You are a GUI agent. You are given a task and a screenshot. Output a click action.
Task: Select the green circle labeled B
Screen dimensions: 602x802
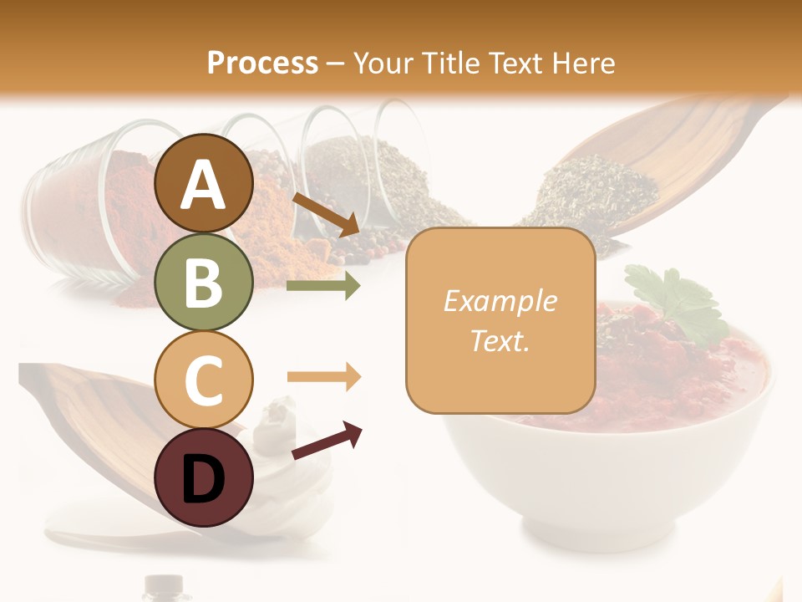click(204, 283)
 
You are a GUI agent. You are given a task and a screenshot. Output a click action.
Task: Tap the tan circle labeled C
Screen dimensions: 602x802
click(204, 380)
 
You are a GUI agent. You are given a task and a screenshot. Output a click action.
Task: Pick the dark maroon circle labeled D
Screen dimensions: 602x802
click(204, 478)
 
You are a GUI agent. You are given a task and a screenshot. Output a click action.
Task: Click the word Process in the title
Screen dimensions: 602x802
click(262, 63)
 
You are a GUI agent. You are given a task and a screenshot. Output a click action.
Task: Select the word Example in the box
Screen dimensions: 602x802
click(500, 301)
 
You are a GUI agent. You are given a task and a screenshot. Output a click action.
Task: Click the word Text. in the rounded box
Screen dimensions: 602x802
click(500, 340)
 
